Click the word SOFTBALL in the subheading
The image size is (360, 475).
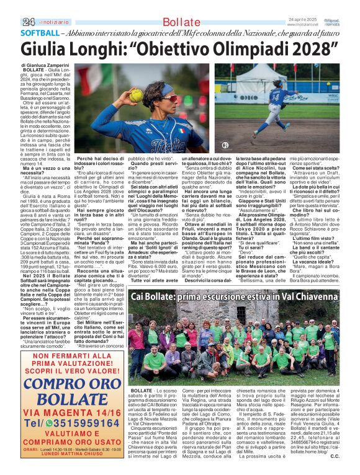click(x=40, y=33)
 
